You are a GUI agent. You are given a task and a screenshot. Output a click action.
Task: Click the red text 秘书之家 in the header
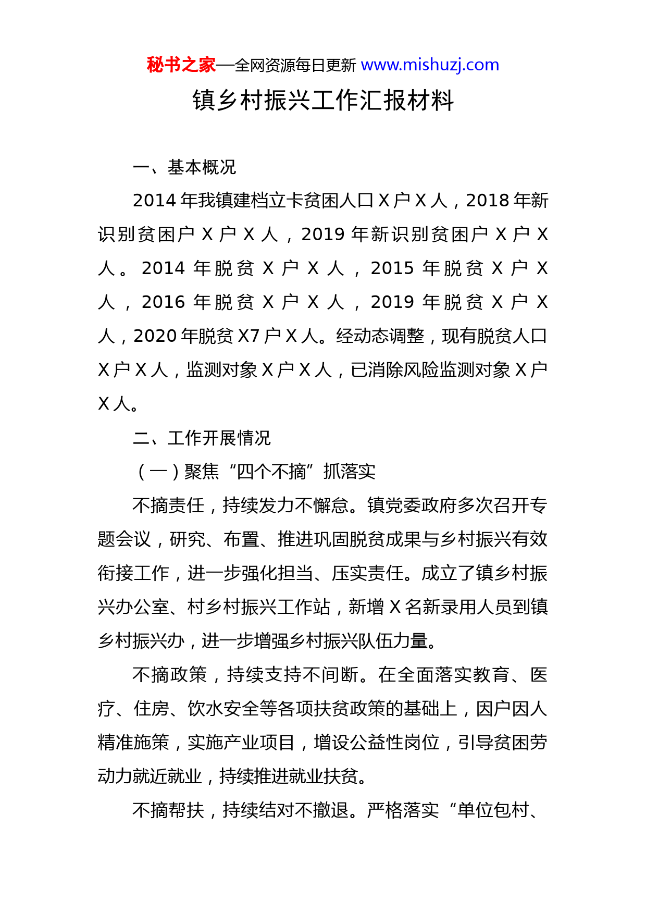coord(181,65)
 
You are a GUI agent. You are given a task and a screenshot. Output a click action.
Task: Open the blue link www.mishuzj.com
coord(430,65)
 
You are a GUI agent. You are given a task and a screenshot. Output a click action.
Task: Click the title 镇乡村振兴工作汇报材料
coord(323,100)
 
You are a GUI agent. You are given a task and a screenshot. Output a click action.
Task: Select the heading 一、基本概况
coord(184,167)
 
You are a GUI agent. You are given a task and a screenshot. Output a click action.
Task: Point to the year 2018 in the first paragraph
coord(488,201)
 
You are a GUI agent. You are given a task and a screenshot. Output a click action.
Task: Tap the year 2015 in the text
coord(392,268)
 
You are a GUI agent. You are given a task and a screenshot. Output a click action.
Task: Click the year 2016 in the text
coord(163,302)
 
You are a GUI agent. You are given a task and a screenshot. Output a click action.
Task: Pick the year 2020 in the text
coord(155,336)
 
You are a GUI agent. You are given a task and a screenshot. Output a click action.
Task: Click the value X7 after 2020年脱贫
coord(249,336)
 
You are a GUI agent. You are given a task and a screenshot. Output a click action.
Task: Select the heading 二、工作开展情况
coord(202,438)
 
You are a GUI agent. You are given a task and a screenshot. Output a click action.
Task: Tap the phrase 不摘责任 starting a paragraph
coord(168,505)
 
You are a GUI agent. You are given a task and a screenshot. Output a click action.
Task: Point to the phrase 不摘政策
coord(169,675)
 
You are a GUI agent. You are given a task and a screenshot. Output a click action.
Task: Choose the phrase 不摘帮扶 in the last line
coord(168,810)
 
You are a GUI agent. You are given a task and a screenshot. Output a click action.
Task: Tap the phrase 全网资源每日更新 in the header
coord(295,65)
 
